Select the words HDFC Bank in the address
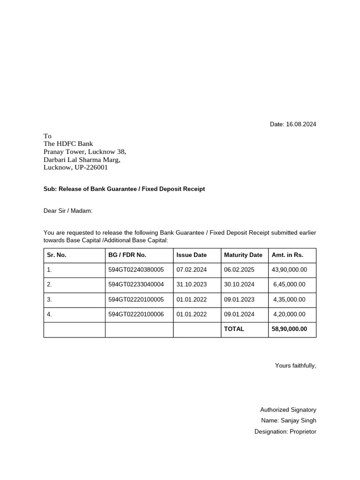coord(75,144)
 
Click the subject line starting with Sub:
coord(124,189)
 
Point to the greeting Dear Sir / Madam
coord(68,211)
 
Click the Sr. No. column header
coord(57,255)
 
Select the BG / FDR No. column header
coord(127,255)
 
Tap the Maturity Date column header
coord(243,255)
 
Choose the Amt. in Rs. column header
coord(287,255)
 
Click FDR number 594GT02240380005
coord(136,270)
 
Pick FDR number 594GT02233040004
coord(136,285)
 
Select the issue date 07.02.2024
coord(191,270)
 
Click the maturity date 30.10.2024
coord(239,285)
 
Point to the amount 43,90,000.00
coord(289,270)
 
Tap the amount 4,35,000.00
coord(289,300)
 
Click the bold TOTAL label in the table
coord(234,329)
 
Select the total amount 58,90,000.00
coord(289,329)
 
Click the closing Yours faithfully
coord(295,366)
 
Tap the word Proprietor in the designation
coord(302,431)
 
